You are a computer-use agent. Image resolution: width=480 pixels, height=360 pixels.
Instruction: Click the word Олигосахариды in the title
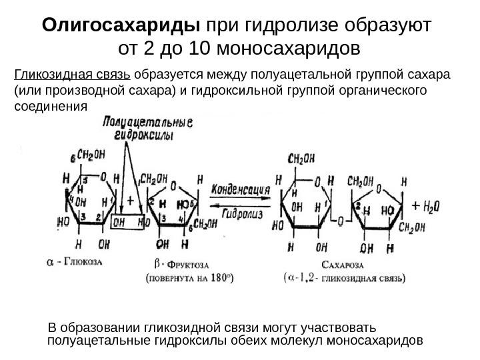coord(121,26)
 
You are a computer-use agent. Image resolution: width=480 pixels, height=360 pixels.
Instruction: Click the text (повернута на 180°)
coord(189,279)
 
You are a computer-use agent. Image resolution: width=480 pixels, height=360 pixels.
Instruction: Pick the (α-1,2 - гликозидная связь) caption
coord(343,279)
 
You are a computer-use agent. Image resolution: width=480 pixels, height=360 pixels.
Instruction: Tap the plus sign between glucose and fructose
coord(130,199)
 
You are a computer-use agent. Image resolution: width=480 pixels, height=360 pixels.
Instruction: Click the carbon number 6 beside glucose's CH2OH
coord(73,157)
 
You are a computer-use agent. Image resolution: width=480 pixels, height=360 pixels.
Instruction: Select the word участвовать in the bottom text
coord(343,328)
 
